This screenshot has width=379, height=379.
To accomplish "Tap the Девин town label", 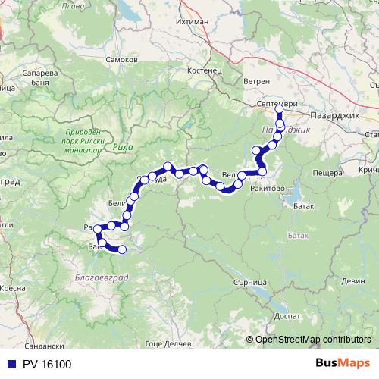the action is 352,280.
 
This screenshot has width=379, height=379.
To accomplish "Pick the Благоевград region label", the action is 102,278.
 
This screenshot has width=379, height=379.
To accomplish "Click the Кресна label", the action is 14,289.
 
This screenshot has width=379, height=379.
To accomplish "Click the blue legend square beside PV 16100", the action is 8,365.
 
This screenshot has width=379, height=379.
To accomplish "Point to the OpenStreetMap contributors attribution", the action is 312,339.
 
